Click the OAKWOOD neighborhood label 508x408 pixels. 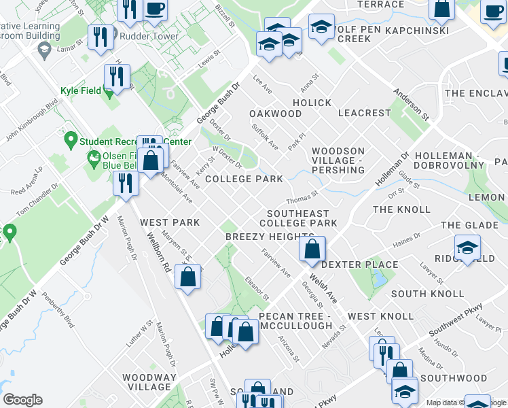[274, 113]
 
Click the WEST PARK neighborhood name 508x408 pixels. [170, 222]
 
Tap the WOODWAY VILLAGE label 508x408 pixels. [149, 382]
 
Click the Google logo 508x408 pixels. [22, 400]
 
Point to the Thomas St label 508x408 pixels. [302, 197]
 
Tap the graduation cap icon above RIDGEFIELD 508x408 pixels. [467, 248]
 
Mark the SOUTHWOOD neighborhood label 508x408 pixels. [454, 378]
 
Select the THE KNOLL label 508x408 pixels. [401, 209]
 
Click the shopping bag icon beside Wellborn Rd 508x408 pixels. [187, 277]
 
